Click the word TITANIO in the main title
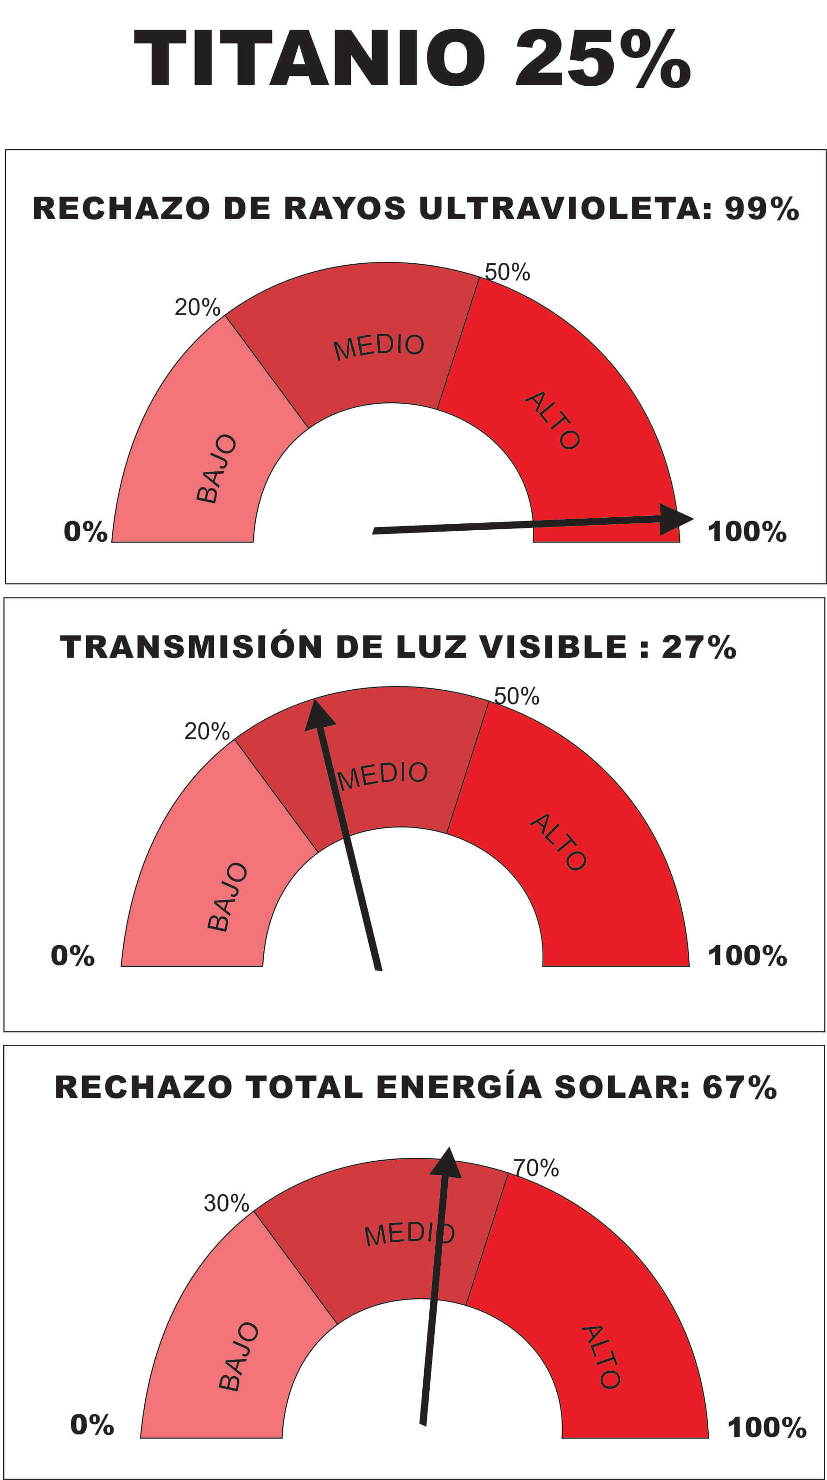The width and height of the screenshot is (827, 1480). pos(309,58)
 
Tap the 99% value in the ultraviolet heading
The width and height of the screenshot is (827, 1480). pos(762,209)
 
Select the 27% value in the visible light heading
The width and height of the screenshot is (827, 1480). pos(699,647)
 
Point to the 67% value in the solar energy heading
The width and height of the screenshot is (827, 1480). pos(740,1087)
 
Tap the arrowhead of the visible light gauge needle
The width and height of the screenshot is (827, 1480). pos(318,715)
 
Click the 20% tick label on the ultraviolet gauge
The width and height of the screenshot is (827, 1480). pos(197,308)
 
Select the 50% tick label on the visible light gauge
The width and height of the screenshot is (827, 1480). pos(516,696)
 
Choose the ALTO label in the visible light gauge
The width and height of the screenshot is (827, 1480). pos(558,842)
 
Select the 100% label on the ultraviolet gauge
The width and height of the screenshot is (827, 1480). pos(746,532)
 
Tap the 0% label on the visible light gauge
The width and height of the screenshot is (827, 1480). pos(72,955)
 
